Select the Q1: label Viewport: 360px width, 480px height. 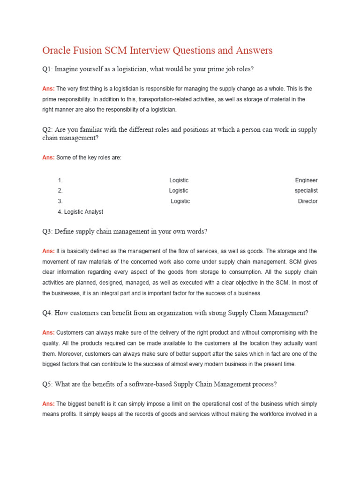point(47,69)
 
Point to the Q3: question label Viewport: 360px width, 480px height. point(47,232)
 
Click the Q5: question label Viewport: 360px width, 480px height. point(47,384)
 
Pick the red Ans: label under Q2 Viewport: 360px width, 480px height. point(48,157)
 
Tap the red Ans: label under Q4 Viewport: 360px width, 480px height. point(48,333)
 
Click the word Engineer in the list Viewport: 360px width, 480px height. point(306,180)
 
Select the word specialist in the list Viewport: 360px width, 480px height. point(306,191)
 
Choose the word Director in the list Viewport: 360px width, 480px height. point(307,201)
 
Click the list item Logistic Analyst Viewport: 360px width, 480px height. point(83,212)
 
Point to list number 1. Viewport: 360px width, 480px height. point(60,180)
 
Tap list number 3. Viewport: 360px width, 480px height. point(60,201)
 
